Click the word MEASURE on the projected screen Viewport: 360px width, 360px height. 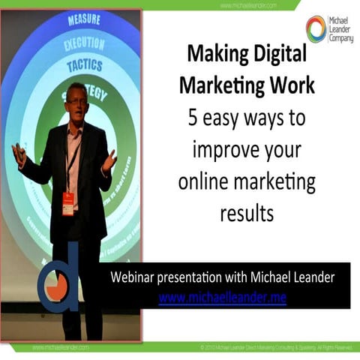[83, 20]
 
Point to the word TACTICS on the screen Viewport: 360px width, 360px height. [85, 66]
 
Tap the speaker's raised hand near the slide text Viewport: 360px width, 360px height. [109, 160]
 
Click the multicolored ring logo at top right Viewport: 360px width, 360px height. [316, 28]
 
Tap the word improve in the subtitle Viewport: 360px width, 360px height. [223, 150]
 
